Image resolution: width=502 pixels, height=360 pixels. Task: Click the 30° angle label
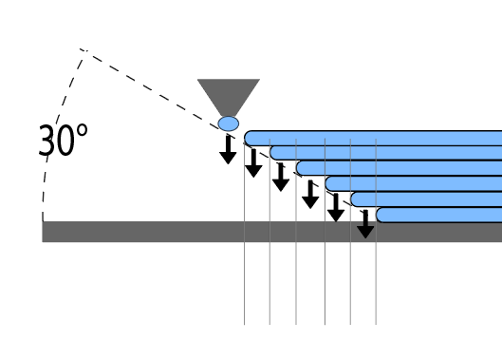[63, 140]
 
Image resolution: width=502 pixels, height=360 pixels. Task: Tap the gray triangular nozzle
[229, 95]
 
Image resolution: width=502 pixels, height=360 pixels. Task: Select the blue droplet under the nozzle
[229, 123]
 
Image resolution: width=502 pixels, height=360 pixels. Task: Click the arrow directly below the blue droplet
[228, 150]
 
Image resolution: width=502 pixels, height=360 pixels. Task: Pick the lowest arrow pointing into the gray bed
[365, 224]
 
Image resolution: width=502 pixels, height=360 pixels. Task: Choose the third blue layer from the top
[399, 168]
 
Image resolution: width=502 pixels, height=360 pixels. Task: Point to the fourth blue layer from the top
[414, 183]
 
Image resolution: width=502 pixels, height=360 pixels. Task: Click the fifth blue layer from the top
[426, 199]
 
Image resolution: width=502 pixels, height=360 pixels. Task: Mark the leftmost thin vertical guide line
[244, 234]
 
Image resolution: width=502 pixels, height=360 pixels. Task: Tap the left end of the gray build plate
[43, 232]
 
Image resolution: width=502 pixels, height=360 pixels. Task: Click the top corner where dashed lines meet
[84, 50]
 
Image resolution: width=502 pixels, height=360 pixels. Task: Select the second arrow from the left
[253, 163]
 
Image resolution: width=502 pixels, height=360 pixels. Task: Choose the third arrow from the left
[281, 178]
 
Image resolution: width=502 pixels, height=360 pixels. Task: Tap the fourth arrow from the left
[310, 195]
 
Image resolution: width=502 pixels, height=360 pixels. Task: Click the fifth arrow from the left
[336, 208]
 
